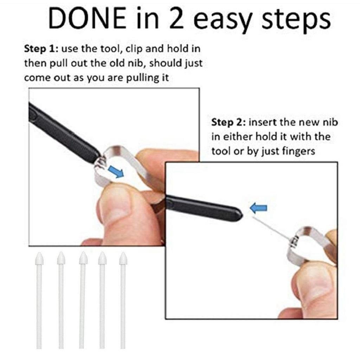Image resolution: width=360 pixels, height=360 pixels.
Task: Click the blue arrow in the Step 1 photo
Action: (116, 172)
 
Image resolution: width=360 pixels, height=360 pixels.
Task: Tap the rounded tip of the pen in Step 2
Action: (240, 213)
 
